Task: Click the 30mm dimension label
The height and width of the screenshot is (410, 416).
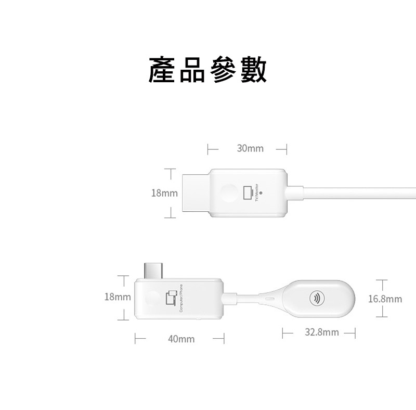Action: pos(250,149)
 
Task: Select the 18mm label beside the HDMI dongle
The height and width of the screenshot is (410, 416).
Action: pos(164,193)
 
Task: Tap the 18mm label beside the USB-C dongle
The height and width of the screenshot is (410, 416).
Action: pos(117,297)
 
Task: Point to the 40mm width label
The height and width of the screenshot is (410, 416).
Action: pos(181,339)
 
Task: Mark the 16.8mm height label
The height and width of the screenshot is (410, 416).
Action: pos(385,299)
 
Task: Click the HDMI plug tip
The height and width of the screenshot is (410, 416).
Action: pos(195,193)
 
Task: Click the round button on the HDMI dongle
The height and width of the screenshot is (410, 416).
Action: pos(228,193)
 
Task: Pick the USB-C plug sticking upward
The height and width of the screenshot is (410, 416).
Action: pos(153,268)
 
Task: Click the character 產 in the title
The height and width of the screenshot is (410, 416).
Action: pos(163,70)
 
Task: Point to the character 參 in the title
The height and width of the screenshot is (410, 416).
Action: pos(223,70)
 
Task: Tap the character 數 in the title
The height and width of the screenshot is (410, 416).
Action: pos(253,70)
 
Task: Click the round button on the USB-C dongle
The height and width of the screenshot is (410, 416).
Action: pos(149,299)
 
